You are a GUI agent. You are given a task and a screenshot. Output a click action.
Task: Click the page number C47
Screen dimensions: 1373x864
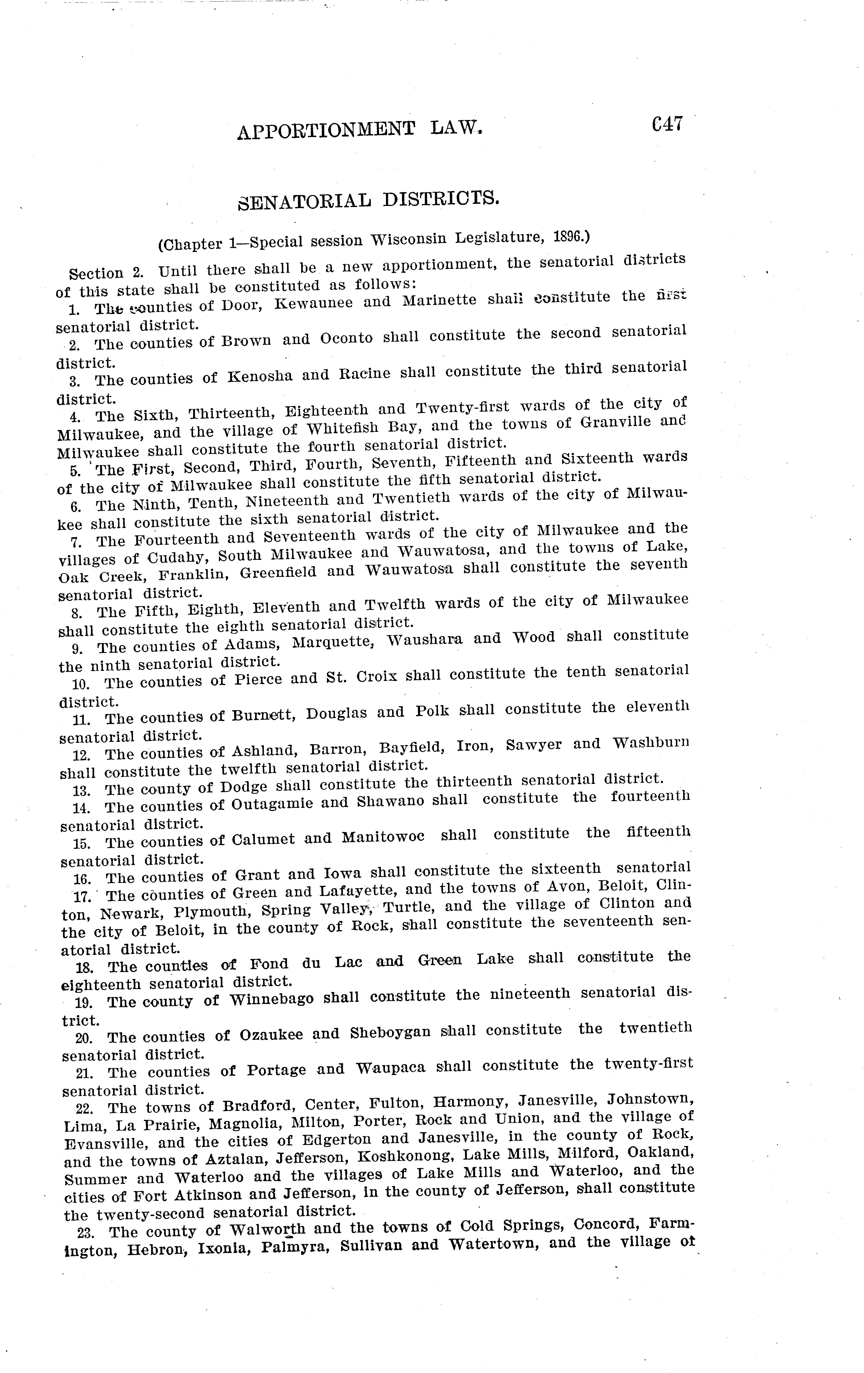(666, 124)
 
